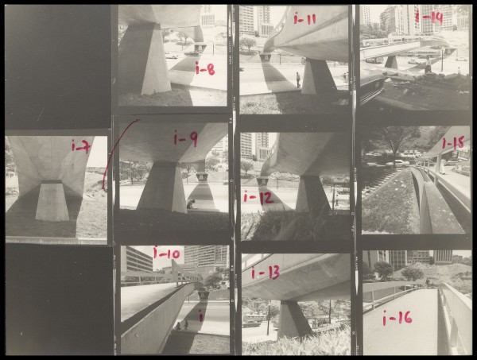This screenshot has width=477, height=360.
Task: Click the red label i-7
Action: tap(81, 146)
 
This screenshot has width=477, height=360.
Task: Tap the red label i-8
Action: tap(205, 69)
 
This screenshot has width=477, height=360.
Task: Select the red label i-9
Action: tap(185, 138)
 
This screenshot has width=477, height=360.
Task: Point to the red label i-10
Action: tap(166, 253)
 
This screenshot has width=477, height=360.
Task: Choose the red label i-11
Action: tap(304, 18)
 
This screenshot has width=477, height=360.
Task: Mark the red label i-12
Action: tap(258, 198)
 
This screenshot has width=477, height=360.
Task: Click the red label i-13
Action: tap(266, 272)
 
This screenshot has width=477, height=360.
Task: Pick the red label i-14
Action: tap(429, 17)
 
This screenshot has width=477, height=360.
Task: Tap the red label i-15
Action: tap(453, 142)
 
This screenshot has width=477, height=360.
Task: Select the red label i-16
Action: tap(397, 318)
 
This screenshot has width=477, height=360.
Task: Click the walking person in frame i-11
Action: tap(298, 80)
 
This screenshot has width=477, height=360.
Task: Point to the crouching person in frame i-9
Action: tap(191, 203)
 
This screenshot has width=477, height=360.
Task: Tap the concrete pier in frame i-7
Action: tap(52, 201)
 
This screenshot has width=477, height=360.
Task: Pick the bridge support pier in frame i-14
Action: tap(391, 62)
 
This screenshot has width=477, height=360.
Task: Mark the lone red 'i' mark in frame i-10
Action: tap(200, 315)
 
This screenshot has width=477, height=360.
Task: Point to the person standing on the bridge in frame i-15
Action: tap(441, 165)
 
